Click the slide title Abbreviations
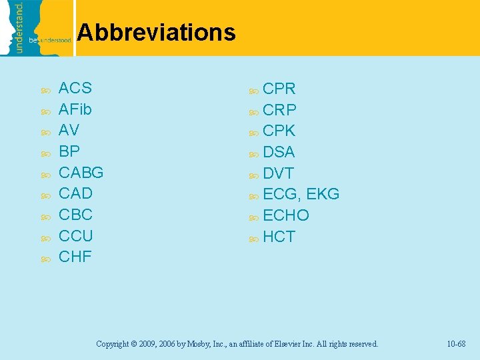pyautogui.click(x=156, y=32)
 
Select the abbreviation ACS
pyautogui.click(x=75, y=88)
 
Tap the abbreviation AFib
pyautogui.click(x=75, y=109)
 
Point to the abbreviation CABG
pyautogui.click(x=81, y=172)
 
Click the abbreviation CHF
pyautogui.click(x=75, y=257)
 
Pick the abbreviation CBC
pyautogui.click(x=75, y=215)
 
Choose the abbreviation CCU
pyautogui.click(x=76, y=235)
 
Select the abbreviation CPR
pyautogui.click(x=279, y=89)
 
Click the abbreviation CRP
pyautogui.click(x=280, y=109)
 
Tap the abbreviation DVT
pyautogui.click(x=278, y=173)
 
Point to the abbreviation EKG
pyautogui.click(x=323, y=194)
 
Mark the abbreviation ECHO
pyautogui.click(x=286, y=215)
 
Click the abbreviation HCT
pyautogui.click(x=279, y=237)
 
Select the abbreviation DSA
pyautogui.click(x=279, y=152)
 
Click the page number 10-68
pyautogui.click(x=456, y=344)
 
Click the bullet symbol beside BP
pyautogui.click(x=45, y=153)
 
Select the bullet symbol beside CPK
pyautogui.click(x=253, y=131)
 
